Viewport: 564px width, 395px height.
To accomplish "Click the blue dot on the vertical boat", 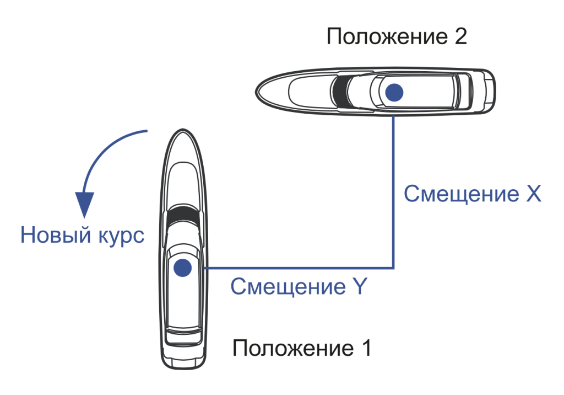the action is click(182, 268).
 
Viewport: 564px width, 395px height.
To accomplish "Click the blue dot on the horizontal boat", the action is click(394, 93).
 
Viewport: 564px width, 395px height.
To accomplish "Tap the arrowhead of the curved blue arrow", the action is click(84, 204).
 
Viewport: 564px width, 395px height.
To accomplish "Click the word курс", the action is click(121, 237).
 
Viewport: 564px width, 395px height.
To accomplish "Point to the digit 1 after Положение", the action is click(366, 348).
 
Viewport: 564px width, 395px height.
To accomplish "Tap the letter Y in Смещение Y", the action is click(359, 286).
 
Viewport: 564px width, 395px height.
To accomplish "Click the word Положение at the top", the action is click(387, 37).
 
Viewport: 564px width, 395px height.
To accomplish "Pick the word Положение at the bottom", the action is click(293, 349).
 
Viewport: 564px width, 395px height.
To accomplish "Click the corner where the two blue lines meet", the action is click(393, 268).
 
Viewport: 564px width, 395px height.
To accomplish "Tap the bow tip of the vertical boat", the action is click(183, 130).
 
